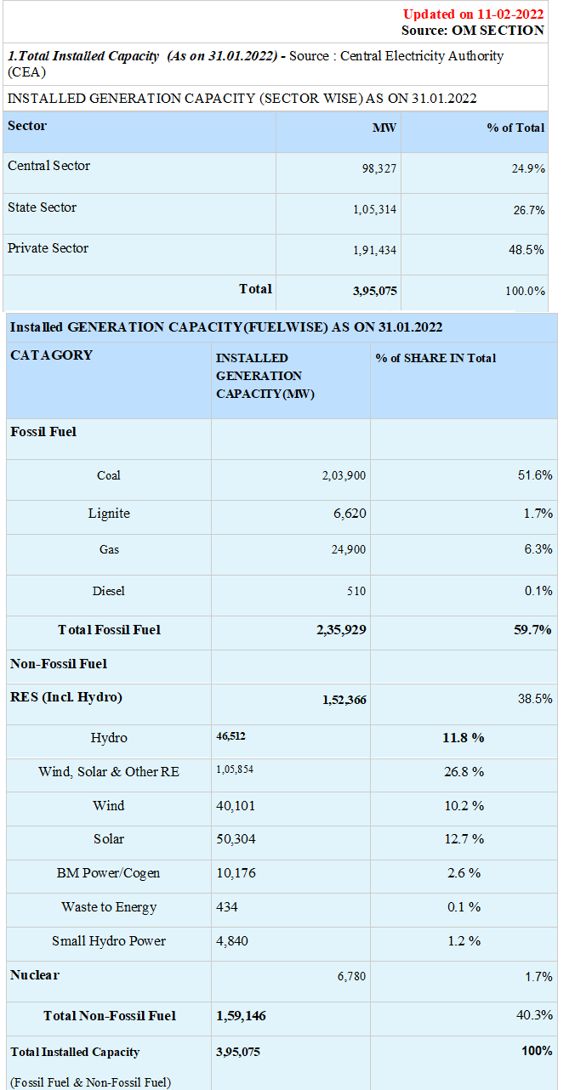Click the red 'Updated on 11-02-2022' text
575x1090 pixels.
473,14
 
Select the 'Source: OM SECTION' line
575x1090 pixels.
473,30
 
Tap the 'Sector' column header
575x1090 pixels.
27,126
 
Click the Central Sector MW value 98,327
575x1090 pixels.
379,168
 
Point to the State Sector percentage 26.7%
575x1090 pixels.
529,210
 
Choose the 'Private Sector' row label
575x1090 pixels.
48,248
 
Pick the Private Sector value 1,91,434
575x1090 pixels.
375,250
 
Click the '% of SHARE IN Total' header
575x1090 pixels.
436,358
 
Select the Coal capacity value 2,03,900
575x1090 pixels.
344,475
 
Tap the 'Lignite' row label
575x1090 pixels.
109,514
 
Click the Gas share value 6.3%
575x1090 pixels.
538,549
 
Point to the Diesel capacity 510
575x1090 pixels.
356,591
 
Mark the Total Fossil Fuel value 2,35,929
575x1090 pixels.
341,630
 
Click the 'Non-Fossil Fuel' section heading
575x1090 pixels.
59,664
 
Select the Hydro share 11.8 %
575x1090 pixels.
464,738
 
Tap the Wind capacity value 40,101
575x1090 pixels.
236,806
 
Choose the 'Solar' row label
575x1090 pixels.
109,839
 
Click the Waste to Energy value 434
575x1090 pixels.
227,907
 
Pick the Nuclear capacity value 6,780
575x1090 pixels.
351,977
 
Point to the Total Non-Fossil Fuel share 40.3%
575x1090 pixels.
534,1015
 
